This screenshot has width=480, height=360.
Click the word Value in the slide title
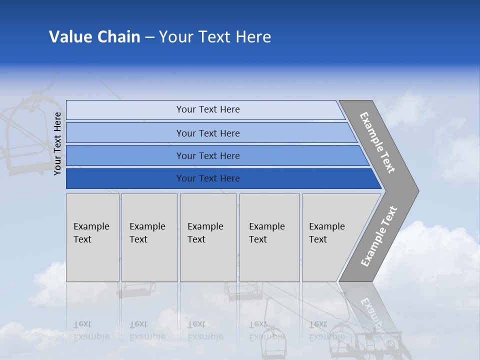(x=70, y=37)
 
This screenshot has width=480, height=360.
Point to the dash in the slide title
(x=149, y=37)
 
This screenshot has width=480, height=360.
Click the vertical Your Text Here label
(x=57, y=143)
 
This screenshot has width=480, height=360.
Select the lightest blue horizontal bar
(x=205, y=109)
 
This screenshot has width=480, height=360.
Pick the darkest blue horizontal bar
(x=220, y=178)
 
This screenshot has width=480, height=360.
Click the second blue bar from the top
(x=210, y=133)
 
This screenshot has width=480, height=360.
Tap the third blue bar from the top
(x=215, y=155)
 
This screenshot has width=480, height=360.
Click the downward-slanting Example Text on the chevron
(x=377, y=142)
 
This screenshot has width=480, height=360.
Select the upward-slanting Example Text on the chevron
(x=379, y=236)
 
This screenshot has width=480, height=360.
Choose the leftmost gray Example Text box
(x=92, y=237)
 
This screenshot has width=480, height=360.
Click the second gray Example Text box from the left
(x=149, y=237)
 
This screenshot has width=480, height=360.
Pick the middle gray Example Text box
(x=208, y=237)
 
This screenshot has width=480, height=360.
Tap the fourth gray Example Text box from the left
(x=269, y=237)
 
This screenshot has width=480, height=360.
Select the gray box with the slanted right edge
(x=332, y=237)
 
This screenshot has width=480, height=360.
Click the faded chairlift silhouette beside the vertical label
(x=22, y=135)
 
